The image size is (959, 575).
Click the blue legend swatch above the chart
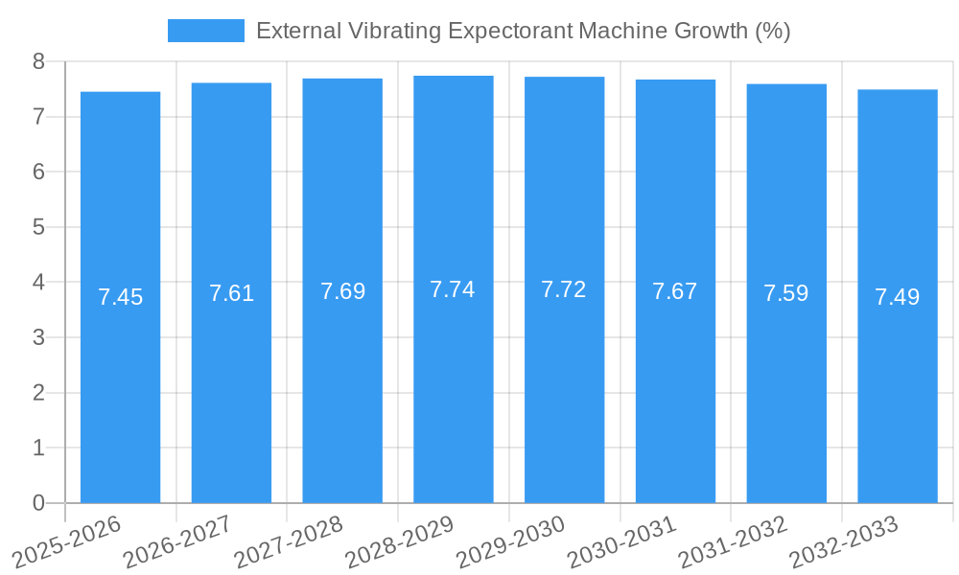tap(205, 31)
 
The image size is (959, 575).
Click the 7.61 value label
tap(231, 293)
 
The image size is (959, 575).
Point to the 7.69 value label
tap(342, 291)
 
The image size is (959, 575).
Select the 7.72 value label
tap(564, 289)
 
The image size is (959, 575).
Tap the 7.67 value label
tap(675, 291)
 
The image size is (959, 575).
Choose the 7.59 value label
tap(785, 293)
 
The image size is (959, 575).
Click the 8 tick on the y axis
tap(38, 61)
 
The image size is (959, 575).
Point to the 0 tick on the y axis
tap(38, 503)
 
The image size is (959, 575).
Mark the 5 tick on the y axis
tap(38, 227)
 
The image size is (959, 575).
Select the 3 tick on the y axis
tap(38, 337)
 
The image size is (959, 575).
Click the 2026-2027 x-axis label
tap(176, 541)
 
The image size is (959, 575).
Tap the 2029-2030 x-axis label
tap(509, 541)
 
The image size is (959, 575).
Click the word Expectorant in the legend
tap(514, 31)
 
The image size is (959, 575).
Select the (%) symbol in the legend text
tap(772, 31)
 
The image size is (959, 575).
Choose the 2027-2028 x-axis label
tap(288, 541)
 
